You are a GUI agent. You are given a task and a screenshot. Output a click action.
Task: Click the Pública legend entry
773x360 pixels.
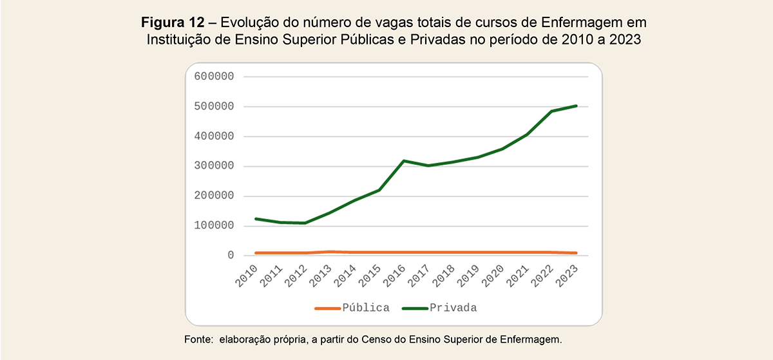[366, 308]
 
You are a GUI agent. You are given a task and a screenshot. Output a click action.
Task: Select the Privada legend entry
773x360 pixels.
[454, 308]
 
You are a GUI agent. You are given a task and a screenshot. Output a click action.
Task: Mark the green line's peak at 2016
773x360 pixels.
[404, 161]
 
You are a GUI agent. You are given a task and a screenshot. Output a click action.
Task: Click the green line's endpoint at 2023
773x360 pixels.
[576, 106]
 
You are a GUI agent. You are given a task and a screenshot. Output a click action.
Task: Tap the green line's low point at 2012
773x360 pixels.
[304, 223]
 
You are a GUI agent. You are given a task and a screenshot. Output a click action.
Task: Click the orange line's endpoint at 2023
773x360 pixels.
[576, 253]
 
